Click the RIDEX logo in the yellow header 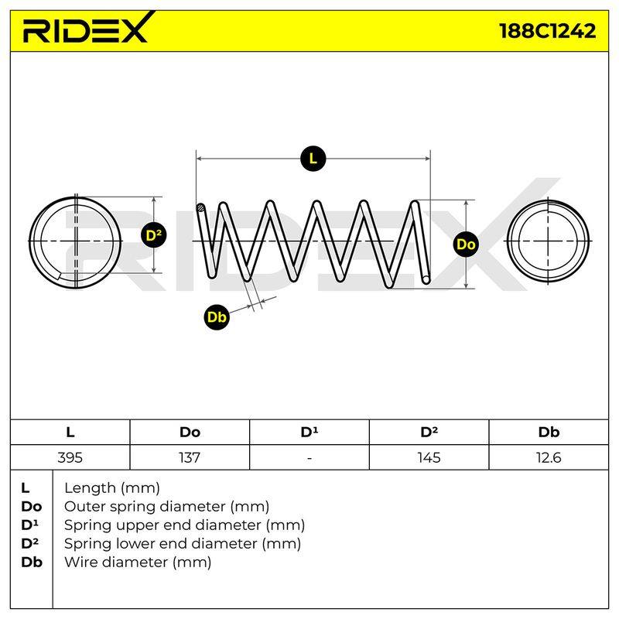87,28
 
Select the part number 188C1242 548,31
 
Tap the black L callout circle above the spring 313,159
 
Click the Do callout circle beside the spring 466,245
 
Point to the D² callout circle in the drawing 153,235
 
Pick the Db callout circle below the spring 217,316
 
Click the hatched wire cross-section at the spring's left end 201,207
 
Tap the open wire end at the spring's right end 426,279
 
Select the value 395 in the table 70,457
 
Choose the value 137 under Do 190,457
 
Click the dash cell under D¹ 309,458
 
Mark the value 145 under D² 429,457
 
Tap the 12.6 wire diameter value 549,457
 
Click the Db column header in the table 549,433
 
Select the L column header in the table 70,433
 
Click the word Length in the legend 89,489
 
